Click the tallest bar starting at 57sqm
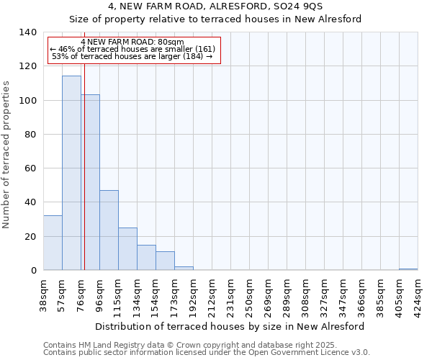coord(71,173)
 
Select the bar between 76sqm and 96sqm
coord(90,183)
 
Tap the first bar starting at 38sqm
coord(53,243)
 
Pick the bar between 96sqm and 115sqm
coord(109,230)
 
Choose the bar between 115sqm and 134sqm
coord(127,249)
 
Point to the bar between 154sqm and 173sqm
coord(165,261)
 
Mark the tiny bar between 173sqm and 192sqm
coord(184,269)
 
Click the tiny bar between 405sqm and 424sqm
coord(408,269)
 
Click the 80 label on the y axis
coord(31,135)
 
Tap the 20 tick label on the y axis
coord(31,237)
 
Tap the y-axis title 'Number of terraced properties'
coord(6,155)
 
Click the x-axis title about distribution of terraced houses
coord(230,326)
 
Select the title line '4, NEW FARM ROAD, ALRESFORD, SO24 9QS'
coord(215,6)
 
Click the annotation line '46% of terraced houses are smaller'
coord(133,49)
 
